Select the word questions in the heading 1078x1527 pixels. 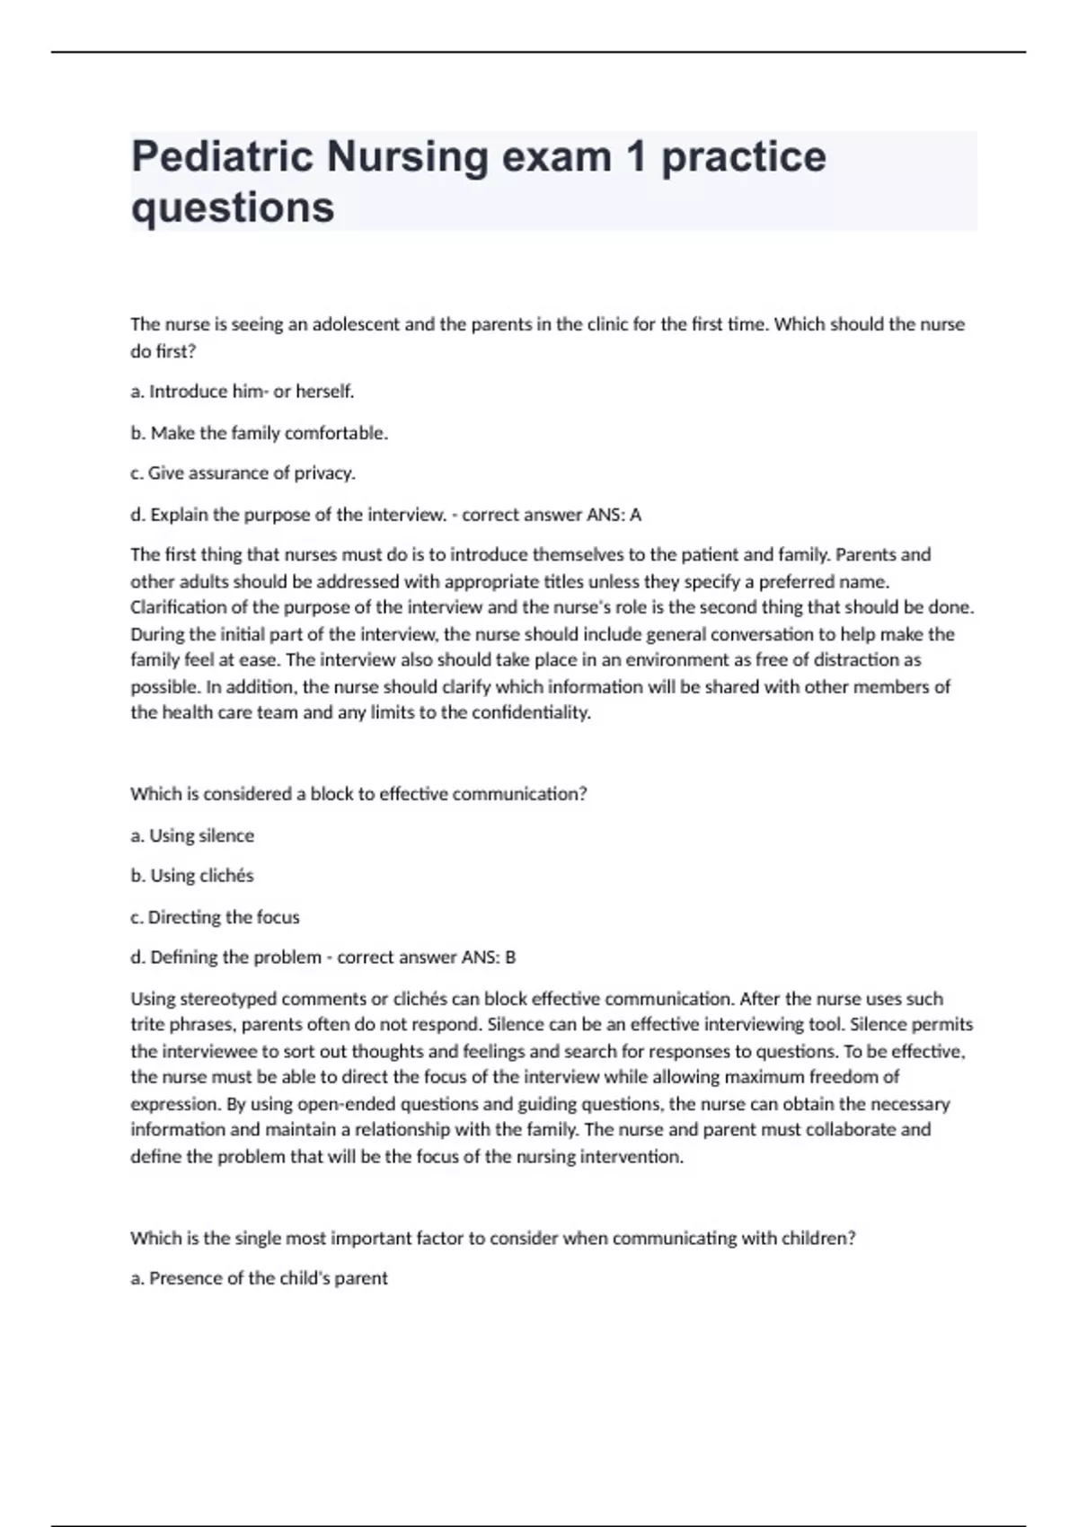[233, 207]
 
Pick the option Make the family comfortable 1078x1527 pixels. [260, 433]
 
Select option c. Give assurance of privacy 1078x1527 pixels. [243, 473]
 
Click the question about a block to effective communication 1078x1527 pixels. [358, 794]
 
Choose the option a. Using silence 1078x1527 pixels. [192, 835]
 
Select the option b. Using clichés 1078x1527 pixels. [192, 876]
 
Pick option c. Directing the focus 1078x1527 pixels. [215, 917]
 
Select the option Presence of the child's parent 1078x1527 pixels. [260, 1278]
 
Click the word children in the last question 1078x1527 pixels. [815, 1238]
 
